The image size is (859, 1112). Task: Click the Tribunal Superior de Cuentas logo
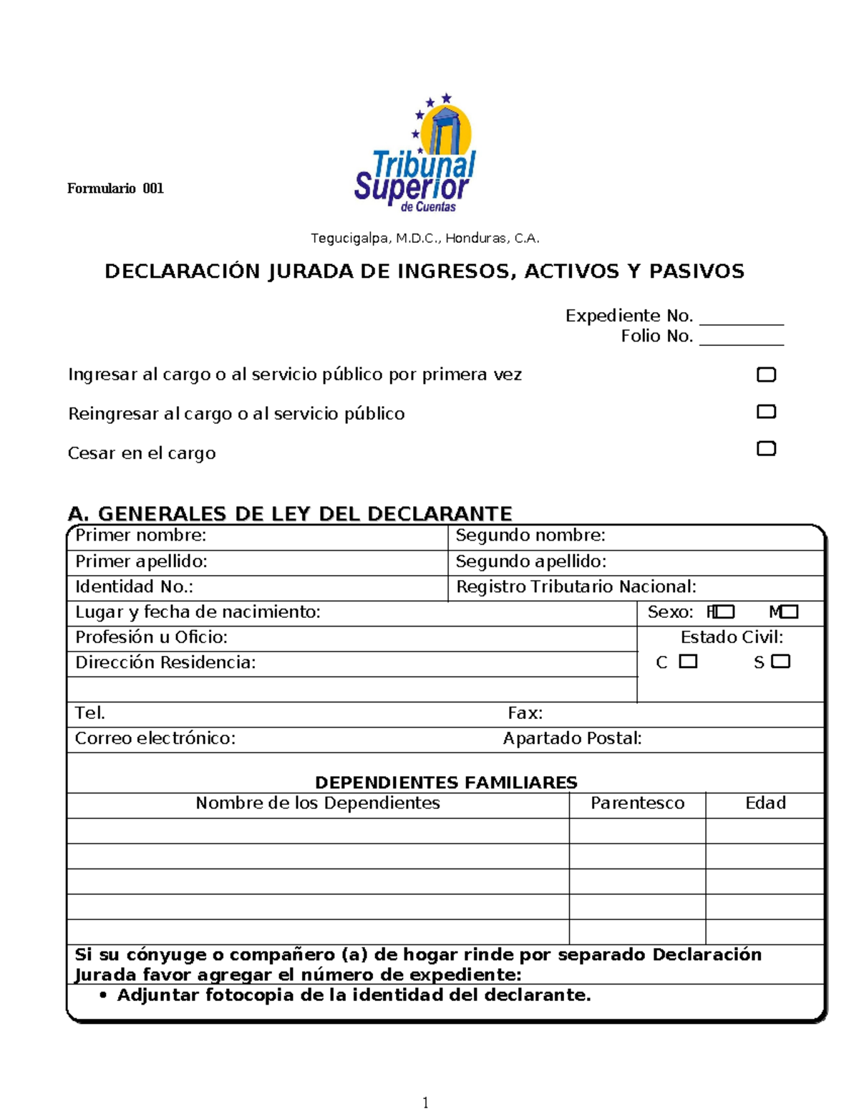click(x=417, y=154)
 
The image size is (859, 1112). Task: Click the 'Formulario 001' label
click(x=115, y=188)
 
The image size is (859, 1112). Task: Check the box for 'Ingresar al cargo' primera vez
click(x=766, y=374)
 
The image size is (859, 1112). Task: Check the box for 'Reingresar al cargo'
click(x=766, y=412)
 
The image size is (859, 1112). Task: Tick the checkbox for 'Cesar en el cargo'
click(x=766, y=449)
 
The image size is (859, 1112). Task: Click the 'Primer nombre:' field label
click(x=141, y=536)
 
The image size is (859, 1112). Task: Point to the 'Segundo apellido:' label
click(x=530, y=561)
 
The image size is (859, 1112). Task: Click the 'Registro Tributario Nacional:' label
click(x=576, y=587)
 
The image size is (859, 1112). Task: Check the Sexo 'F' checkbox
click(x=724, y=612)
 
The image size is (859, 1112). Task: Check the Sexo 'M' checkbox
click(x=789, y=612)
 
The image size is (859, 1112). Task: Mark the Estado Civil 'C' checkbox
click(x=688, y=662)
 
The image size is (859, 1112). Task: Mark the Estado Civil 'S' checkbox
click(x=781, y=662)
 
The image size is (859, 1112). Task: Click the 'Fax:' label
click(x=525, y=713)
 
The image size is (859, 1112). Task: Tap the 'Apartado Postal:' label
click(x=572, y=738)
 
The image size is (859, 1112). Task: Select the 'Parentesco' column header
click(x=637, y=803)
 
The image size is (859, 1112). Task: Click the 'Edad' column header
click(x=765, y=803)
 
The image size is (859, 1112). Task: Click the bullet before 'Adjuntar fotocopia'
click(x=104, y=995)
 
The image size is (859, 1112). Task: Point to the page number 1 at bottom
click(x=426, y=1103)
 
